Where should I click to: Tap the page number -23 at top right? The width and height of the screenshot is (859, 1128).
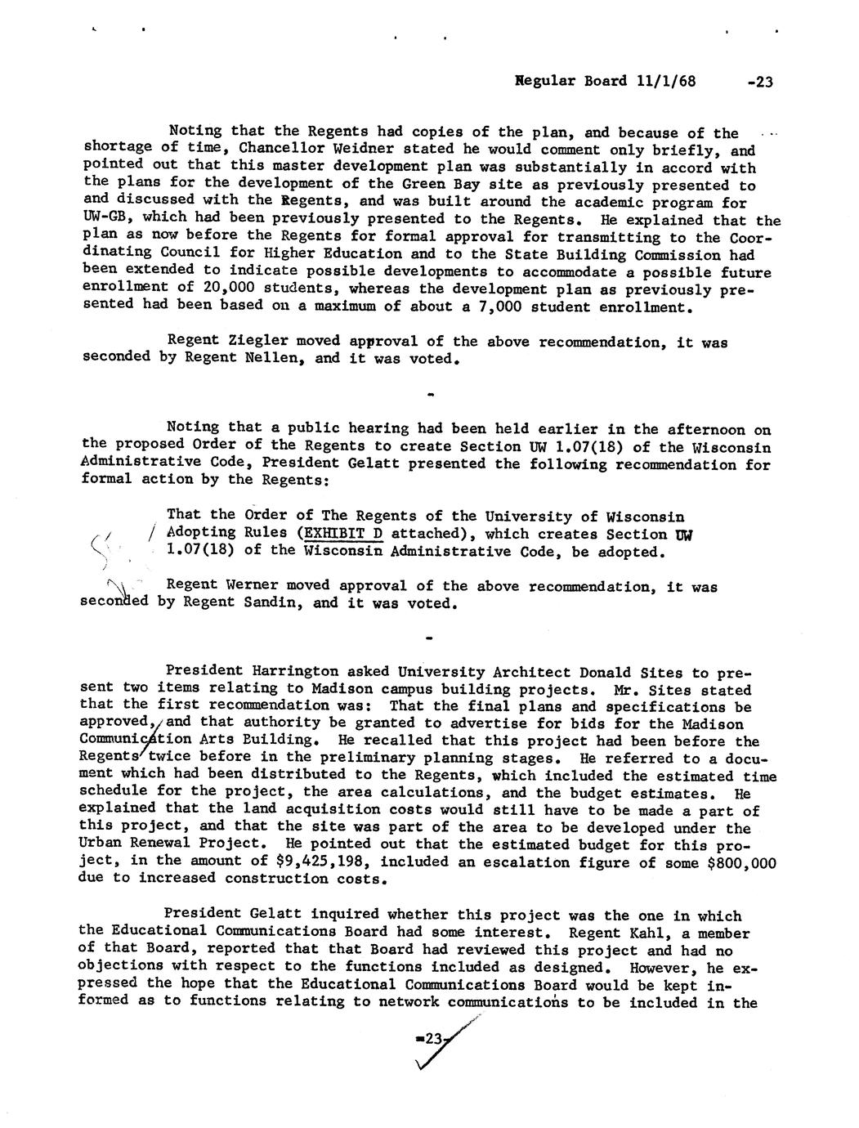coord(759,81)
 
